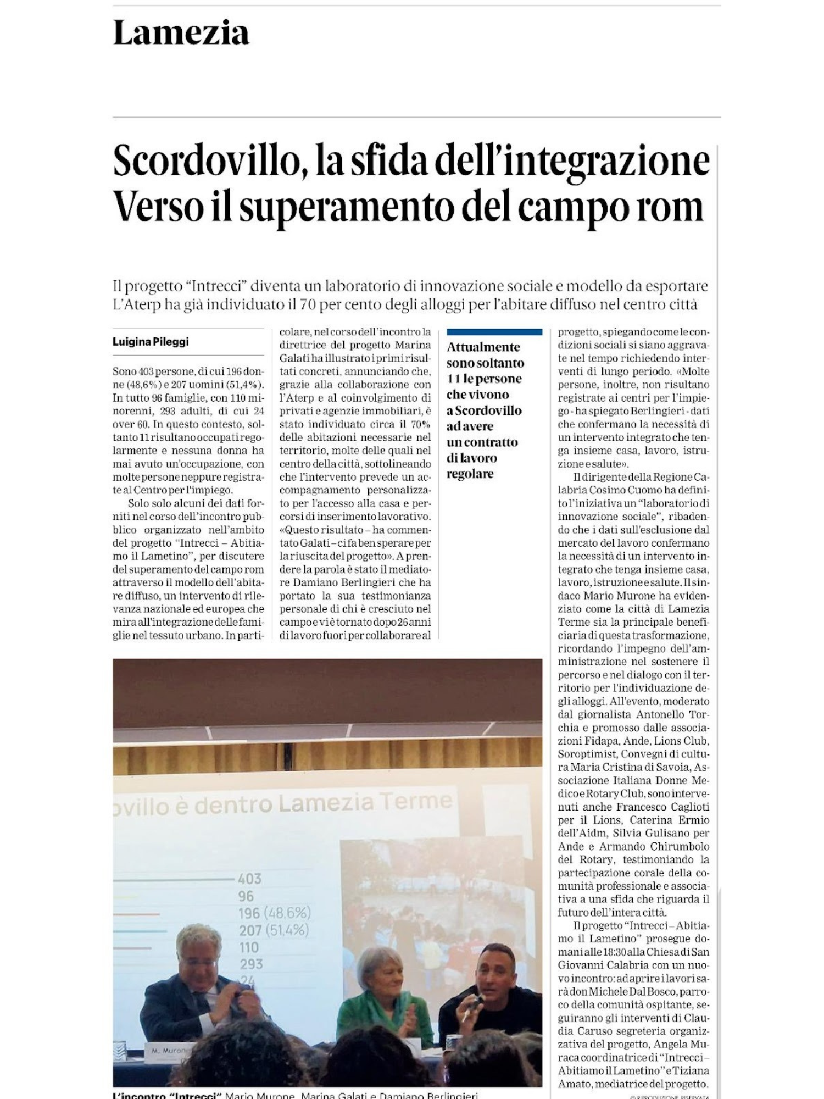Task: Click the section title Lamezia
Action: click(181, 33)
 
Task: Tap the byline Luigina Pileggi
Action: click(151, 342)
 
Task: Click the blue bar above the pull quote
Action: click(494, 332)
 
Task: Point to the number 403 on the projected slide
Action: click(249, 879)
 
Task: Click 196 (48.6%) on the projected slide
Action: click(274, 913)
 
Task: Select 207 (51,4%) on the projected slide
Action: click(273, 930)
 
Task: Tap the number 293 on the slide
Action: click(250, 964)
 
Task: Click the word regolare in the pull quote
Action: click(470, 474)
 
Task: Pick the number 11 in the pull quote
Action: click(453, 379)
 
